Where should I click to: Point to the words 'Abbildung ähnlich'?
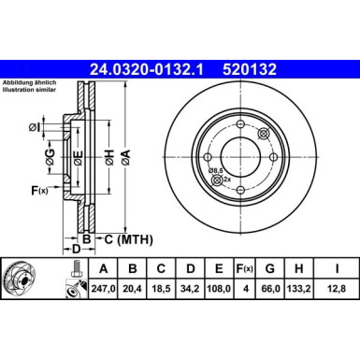click(30, 81)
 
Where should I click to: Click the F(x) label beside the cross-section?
click(39, 191)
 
